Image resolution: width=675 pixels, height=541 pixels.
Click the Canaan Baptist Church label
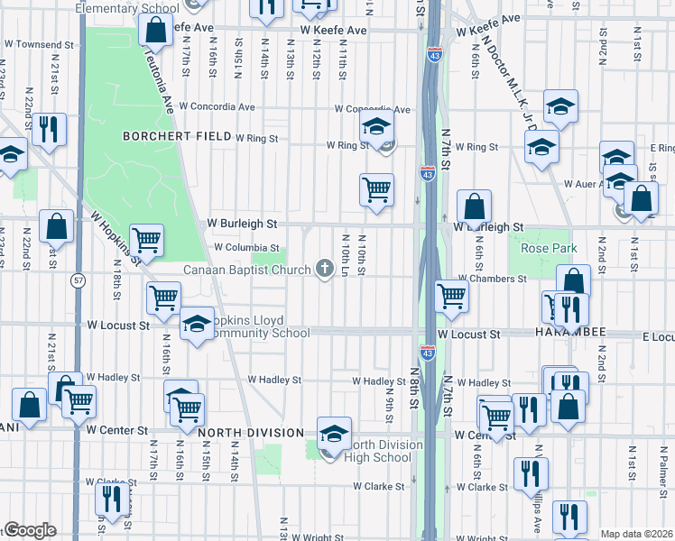246,270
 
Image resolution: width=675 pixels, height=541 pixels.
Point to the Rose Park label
541,248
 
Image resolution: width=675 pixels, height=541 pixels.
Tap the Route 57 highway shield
79,281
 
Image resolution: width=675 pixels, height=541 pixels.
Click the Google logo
30,530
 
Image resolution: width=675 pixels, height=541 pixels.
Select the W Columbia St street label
245,247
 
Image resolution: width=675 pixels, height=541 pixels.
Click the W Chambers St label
492,280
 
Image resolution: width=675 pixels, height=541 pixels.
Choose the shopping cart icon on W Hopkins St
146,240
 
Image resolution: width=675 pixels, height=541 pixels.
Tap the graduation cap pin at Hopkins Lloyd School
196,324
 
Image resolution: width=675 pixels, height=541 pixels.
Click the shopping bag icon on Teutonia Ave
155,31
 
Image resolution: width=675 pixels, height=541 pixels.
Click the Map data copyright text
636,534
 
